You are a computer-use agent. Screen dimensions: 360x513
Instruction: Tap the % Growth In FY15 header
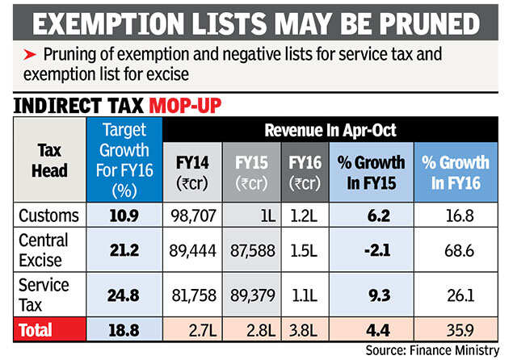click(x=370, y=171)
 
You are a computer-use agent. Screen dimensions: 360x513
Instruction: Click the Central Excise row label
click(x=45, y=251)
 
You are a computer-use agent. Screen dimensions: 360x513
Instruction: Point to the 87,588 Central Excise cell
click(x=251, y=251)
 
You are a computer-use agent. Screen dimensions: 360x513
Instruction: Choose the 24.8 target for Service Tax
click(x=124, y=294)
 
